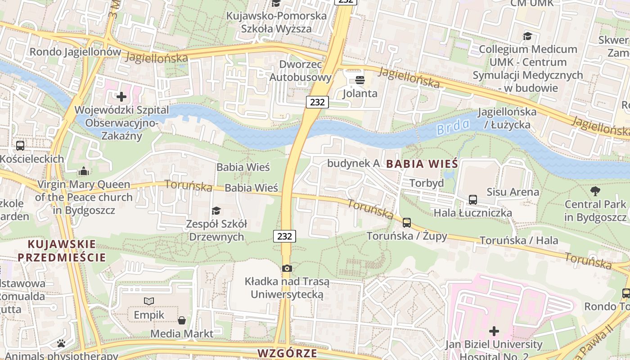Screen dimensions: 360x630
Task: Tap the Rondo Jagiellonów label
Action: (x=75, y=52)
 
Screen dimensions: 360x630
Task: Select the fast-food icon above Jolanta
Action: (x=360, y=81)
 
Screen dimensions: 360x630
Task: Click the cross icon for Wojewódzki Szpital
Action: (x=121, y=97)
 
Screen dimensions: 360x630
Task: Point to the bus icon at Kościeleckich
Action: (x=20, y=146)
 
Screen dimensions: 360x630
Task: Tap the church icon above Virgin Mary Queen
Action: (x=83, y=171)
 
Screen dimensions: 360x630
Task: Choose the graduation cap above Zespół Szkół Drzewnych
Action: (x=216, y=211)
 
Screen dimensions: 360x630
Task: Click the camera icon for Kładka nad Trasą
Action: (x=287, y=269)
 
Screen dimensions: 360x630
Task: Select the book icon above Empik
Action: (x=149, y=301)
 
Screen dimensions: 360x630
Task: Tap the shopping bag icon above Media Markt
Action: (x=182, y=320)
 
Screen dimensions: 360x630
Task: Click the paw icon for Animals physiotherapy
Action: (x=61, y=343)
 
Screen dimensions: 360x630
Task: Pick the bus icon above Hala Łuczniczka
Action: (x=472, y=199)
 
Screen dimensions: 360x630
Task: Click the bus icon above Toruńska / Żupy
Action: (x=407, y=222)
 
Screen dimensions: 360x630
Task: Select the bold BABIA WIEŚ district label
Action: (x=422, y=164)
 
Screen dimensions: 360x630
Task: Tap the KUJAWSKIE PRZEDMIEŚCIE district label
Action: (x=62, y=251)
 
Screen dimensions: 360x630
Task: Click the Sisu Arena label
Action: (x=513, y=192)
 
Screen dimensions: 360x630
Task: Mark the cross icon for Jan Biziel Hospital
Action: (x=494, y=332)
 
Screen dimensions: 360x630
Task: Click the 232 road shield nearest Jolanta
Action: (x=317, y=102)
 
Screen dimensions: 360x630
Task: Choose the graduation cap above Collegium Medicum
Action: (x=527, y=36)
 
